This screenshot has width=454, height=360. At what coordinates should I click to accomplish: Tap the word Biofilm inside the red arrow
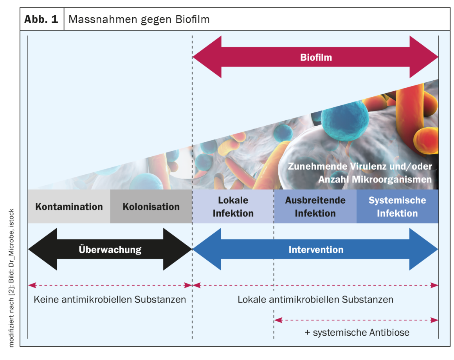point(316,58)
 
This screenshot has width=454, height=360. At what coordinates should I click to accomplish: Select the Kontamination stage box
point(69,207)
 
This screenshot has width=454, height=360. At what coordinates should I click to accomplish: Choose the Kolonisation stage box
point(151,207)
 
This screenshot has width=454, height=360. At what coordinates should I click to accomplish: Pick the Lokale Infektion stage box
point(233,207)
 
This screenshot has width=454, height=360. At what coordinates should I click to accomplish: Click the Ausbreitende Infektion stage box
point(315,207)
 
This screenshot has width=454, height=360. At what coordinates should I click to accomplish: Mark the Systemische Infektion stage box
point(397,207)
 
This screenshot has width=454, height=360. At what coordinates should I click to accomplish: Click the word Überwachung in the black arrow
point(110,250)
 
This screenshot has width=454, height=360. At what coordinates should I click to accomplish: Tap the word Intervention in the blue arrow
point(316,250)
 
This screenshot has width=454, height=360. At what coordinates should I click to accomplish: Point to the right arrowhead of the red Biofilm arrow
point(425,57)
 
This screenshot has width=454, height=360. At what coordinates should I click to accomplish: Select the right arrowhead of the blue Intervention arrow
point(425,250)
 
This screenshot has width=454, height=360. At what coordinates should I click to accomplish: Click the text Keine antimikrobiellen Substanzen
point(110,300)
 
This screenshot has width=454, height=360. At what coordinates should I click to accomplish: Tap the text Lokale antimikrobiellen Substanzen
point(315,300)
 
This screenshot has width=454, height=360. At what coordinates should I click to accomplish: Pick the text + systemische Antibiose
point(357,333)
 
